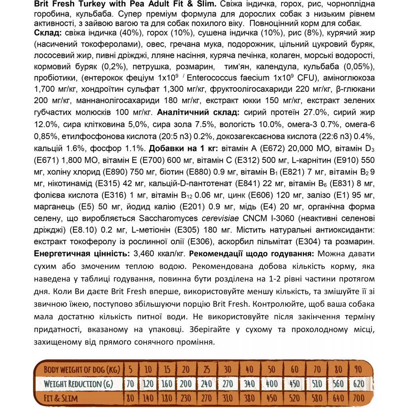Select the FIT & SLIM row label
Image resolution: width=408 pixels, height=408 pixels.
(62, 398)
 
